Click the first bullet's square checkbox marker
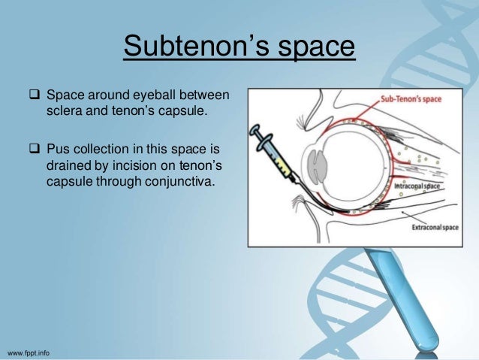pos(34,95)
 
